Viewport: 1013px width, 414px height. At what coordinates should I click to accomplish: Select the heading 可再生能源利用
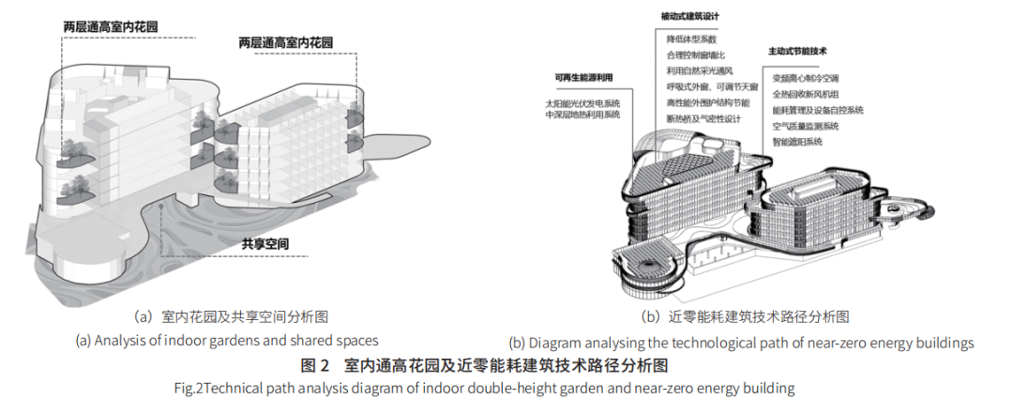tap(584, 78)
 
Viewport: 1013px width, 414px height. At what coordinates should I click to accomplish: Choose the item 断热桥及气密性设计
tap(704, 119)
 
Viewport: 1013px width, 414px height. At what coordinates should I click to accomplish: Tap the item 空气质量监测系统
tap(806, 126)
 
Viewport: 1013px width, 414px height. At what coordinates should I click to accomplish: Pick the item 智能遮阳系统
tap(798, 142)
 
